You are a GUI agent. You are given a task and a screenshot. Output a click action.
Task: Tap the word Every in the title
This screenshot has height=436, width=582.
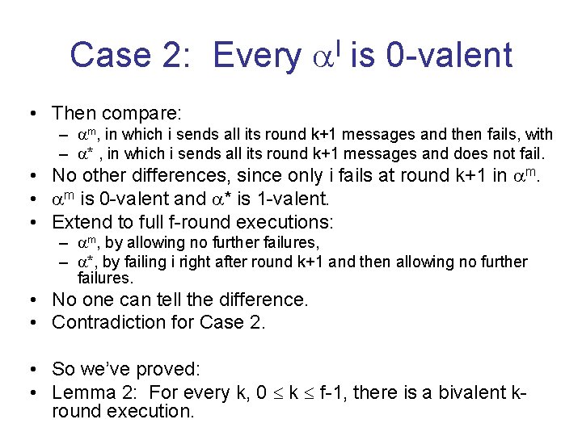click(x=257, y=55)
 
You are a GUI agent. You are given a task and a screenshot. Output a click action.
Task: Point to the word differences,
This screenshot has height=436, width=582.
click(x=183, y=175)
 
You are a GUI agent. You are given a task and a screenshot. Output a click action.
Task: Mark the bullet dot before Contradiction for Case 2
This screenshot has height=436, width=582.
click(x=38, y=323)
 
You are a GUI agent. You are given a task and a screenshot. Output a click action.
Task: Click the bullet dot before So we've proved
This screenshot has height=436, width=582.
click(x=38, y=370)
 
